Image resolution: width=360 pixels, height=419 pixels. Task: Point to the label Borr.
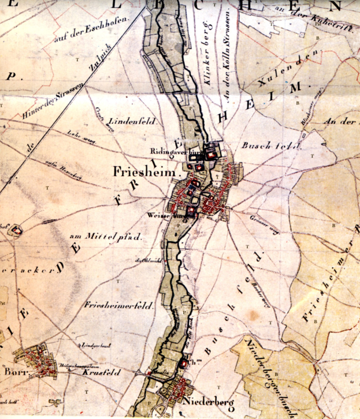click(x=13, y=372)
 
